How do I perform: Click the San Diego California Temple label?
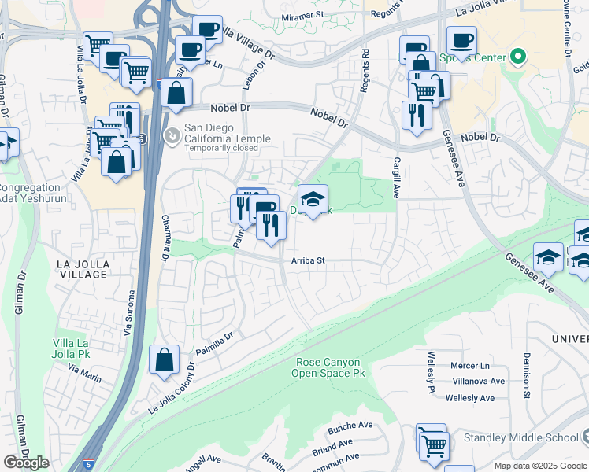(227, 133)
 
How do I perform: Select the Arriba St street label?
(308, 260)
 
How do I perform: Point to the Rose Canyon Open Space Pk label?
(332, 367)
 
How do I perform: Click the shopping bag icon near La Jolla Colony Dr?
(163, 360)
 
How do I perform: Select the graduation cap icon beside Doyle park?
(313, 200)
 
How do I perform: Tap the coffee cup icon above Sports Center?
(461, 39)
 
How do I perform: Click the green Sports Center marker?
(517, 57)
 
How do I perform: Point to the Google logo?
(26, 463)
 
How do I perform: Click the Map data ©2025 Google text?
(539, 466)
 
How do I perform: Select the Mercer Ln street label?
(469, 366)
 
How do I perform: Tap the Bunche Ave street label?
(350, 426)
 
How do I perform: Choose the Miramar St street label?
(302, 15)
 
